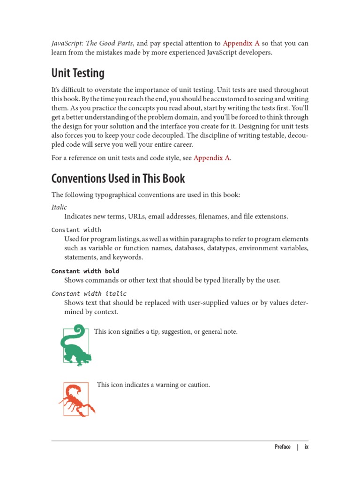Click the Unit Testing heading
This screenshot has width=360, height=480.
point(78,74)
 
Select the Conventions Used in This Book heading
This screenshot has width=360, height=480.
point(118,179)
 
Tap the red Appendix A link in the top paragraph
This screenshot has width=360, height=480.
point(241,44)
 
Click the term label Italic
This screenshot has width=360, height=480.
point(59,207)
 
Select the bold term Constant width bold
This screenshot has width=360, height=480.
point(85,271)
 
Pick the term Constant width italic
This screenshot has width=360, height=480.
point(89,293)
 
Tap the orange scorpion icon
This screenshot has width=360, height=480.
point(76,399)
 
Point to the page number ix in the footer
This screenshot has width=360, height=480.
point(307,447)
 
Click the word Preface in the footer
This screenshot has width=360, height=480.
point(282,447)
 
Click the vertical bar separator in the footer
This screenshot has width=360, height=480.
point(297,447)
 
